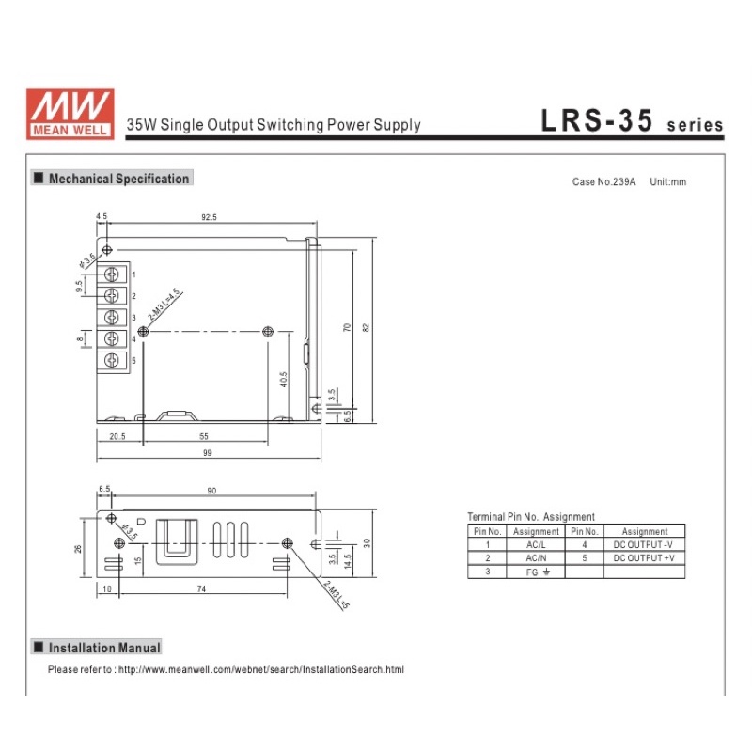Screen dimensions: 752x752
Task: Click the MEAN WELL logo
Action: (70, 114)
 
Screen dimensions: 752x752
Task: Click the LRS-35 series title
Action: (632, 120)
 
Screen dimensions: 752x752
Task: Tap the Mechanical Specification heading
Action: (112, 179)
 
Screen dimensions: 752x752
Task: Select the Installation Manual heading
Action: (97, 648)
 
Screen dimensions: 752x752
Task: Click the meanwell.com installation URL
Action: (261, 669)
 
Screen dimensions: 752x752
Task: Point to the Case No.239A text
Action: (603, 181)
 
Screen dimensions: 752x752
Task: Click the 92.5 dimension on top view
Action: (209, 217)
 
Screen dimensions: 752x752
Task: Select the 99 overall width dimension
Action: (207, 453)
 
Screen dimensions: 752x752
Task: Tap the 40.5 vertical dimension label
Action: (284, 380)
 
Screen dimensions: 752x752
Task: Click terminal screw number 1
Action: (112, 274)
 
